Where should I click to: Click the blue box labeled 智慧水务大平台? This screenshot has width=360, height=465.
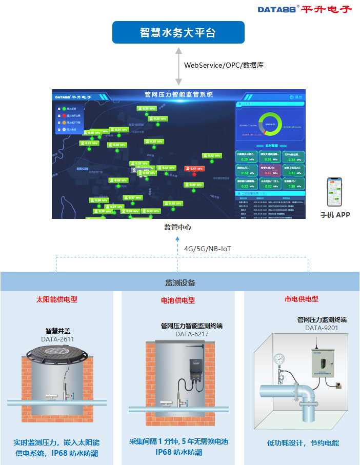coord(178,33)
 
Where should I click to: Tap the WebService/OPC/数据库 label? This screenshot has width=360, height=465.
coord(224,65)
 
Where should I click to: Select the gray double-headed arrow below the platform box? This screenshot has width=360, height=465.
coord(178,66)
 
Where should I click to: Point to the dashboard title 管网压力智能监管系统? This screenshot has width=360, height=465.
coord(179,95)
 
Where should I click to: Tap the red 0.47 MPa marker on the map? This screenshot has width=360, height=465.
coord(194,169)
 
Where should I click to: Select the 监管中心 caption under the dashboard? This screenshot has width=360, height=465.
coord(177,227)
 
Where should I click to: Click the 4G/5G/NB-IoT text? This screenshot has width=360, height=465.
coord(208,249)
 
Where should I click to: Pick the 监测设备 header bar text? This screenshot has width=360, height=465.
coord(180,282)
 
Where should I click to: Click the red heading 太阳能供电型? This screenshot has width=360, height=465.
coord(57,299)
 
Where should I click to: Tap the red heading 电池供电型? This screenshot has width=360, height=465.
coord(178,300)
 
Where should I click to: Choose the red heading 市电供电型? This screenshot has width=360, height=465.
coord(302,299)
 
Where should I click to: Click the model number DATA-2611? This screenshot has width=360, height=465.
coord(57,339)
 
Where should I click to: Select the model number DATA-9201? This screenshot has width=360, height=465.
coord(322,328)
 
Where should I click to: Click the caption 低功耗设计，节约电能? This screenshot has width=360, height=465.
coord(303,443)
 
